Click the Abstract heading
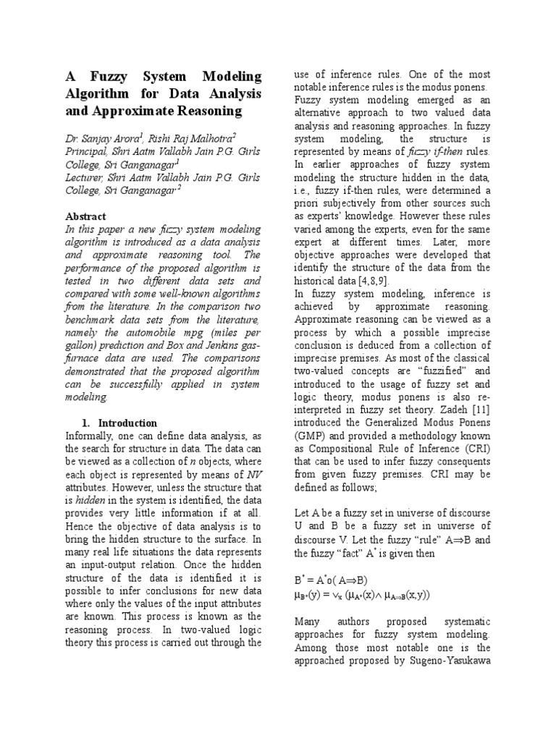(x=85, y=216)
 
